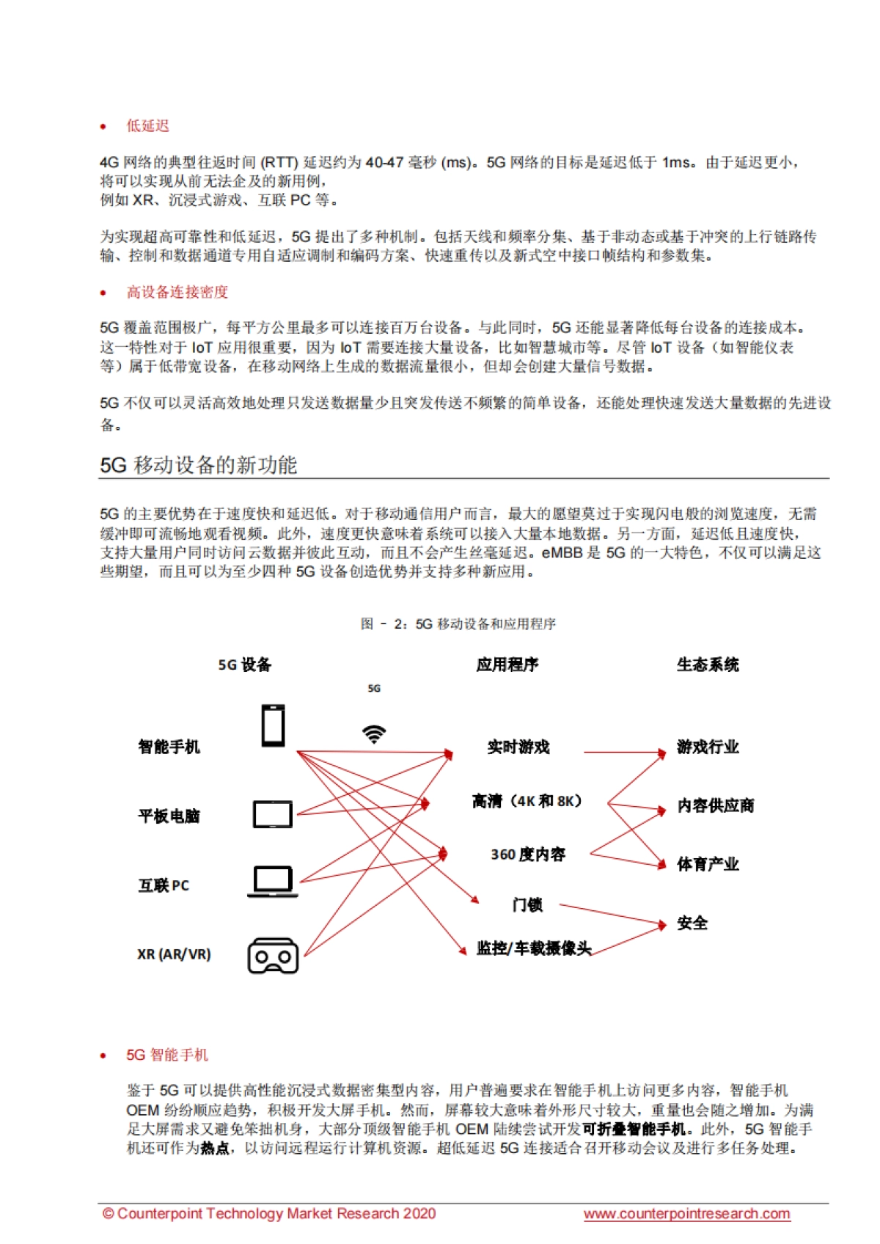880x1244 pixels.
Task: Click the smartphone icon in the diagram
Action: [x=274, y=725]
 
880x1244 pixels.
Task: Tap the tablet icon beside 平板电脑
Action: [x=273, y=814]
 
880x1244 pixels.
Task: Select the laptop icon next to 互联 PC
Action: [x=273, y=881]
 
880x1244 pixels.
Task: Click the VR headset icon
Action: [x=273, y=956]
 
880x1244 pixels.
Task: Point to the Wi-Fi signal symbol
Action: [x=374, y=733]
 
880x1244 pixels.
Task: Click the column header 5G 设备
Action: [x=245, y=665]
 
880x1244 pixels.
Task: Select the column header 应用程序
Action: [x=507, y=665]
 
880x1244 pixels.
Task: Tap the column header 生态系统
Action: [x=707, y=665]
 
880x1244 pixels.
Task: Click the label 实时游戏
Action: [x=518, y=747]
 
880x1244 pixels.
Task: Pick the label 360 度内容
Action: [x=528, y=855]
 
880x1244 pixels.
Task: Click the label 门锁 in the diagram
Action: [x=527, y=905]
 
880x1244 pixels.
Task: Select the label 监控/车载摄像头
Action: [x=533, y=948]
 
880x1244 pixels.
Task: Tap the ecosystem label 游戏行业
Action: [x=708, y=747]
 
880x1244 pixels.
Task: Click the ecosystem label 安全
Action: [x=692, y=923]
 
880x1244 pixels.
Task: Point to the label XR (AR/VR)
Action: [x=174, y=954]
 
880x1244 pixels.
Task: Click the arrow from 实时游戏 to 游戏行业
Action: [x=623, y=752]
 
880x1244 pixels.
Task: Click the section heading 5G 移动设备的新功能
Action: [x=199, y=465]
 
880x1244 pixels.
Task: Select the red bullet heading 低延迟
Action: [x=147, y=126]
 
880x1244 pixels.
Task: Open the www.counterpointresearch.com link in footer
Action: [x=686, y=1213]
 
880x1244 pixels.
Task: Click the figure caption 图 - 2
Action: [x=458, y=623]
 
